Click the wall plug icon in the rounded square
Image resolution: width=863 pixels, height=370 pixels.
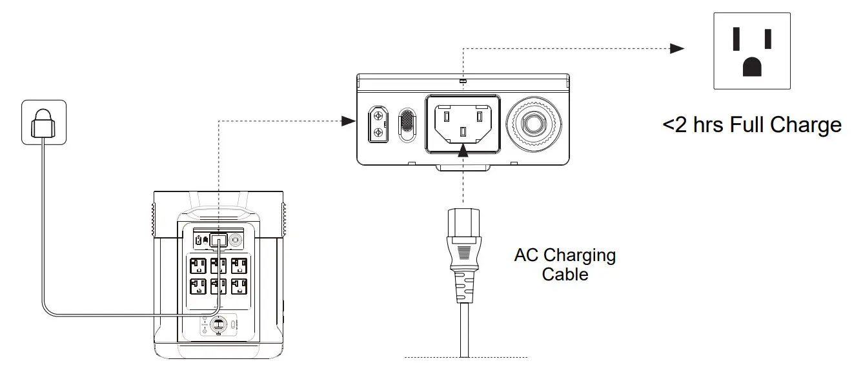[43, 121]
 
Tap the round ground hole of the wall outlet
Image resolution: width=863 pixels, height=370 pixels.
[751, 66]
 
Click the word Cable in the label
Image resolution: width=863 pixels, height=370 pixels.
[565, 275]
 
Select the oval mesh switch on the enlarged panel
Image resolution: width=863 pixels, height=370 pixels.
[408, 121]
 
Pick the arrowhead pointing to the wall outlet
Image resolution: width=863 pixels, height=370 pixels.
[676, 48]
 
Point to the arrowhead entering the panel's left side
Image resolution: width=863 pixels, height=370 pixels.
[349, 121]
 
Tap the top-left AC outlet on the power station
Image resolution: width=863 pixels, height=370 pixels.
[198, 266]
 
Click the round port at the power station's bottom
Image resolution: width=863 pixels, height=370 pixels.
[218, 325]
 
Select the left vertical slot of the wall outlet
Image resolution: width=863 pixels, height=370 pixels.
[736, 39]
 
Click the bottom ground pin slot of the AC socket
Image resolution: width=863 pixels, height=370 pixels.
[462, 132]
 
